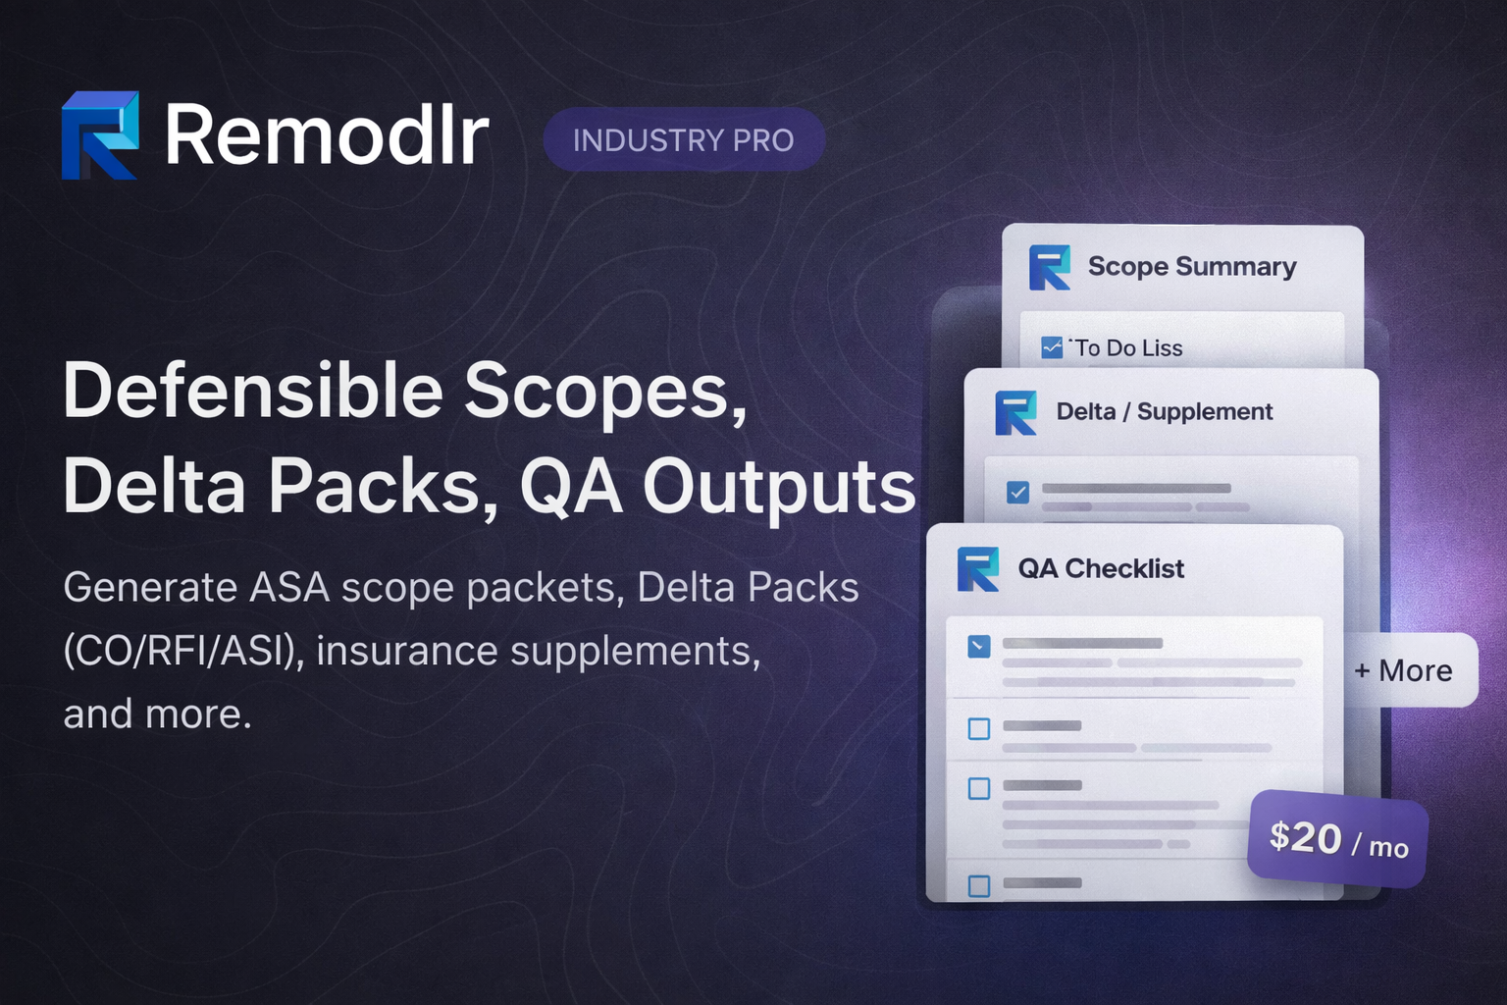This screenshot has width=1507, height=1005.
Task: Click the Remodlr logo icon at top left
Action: (99, 135)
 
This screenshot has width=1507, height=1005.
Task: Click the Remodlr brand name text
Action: (326, 135)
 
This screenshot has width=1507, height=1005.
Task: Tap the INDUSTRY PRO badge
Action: (684, 140)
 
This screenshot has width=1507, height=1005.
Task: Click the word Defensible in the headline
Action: (253, 391)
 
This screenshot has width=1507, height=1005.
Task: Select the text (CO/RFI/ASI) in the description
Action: (182, 651)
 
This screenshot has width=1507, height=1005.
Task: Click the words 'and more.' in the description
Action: (157, 714)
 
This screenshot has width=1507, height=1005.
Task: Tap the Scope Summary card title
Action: (1192, 267)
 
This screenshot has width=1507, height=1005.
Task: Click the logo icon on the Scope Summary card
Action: (1049, 267)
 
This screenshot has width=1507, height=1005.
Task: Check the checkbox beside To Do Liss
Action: (1052, 347)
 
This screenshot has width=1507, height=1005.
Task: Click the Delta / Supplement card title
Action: (1164, 412)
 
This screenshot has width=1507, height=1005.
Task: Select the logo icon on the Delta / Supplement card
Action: (1015, 412)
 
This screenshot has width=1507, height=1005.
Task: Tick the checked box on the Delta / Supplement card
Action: (1018, 492)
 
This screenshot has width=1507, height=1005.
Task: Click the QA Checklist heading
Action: (1101, 569)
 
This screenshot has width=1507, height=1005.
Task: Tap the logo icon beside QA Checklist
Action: (978, 569)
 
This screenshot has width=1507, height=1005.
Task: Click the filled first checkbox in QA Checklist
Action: (979, 646)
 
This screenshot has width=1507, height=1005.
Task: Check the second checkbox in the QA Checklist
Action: (979, 728)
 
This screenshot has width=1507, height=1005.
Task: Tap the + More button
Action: (1403, 670)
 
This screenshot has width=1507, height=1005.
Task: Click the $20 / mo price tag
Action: (1337, 840)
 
